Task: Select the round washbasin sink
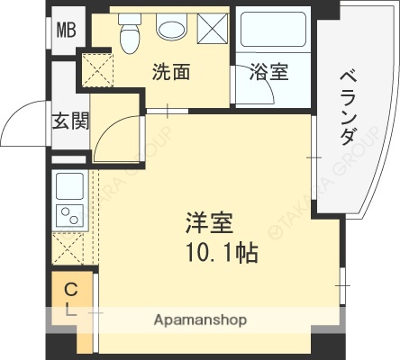click(170, 29)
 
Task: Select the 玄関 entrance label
click(69, 121)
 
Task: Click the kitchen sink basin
click(69, 186)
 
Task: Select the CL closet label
click(69, 299)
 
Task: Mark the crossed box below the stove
click(69, 247)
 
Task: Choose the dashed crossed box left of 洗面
click(95, 68)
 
